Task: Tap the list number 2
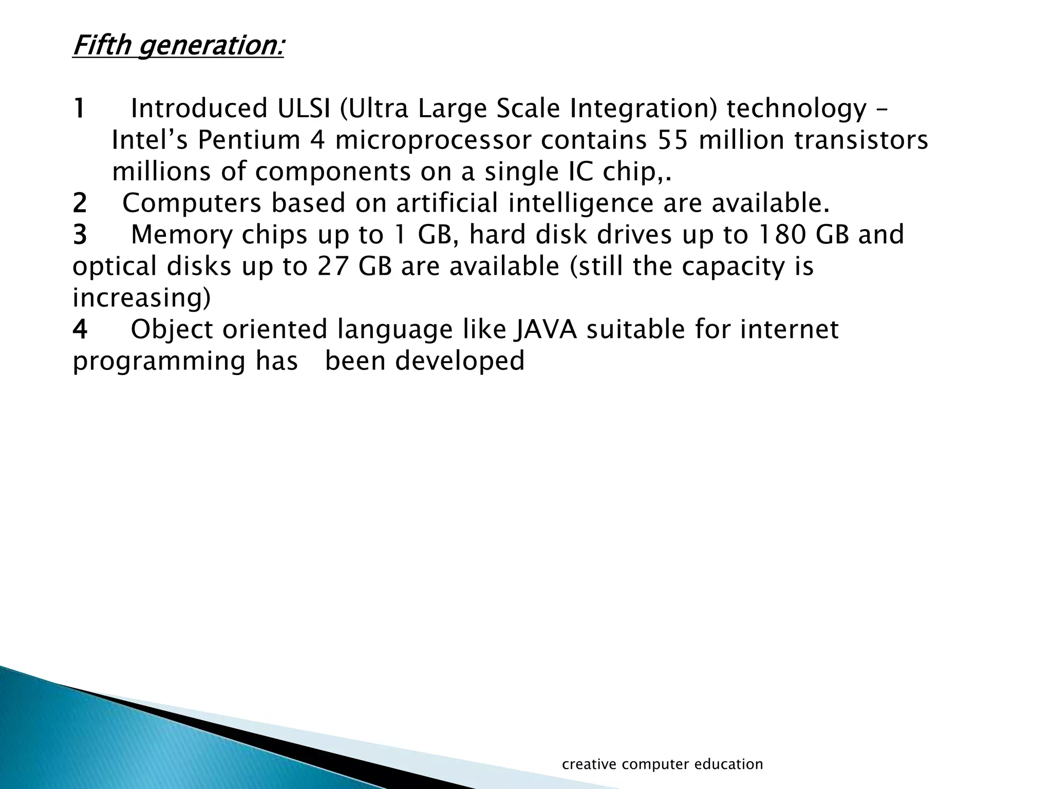point(80,203)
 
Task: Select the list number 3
point(80,235)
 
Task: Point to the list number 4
point(80,330)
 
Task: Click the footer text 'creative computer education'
point(663,764)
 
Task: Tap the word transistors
point(861,141)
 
